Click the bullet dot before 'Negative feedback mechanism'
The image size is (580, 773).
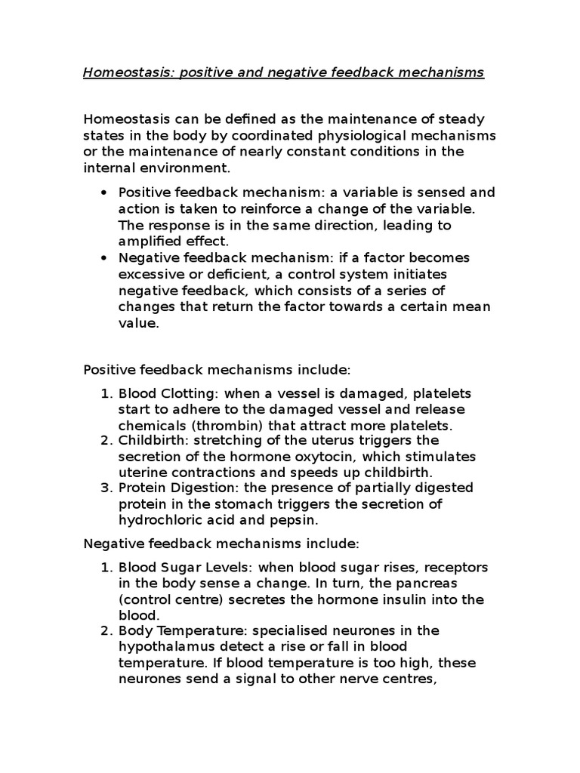click(x=103, y=257)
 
